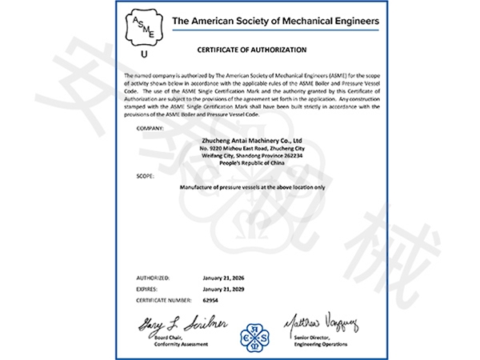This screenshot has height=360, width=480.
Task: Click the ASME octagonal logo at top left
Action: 144,30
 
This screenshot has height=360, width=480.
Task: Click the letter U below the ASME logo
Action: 144,56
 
